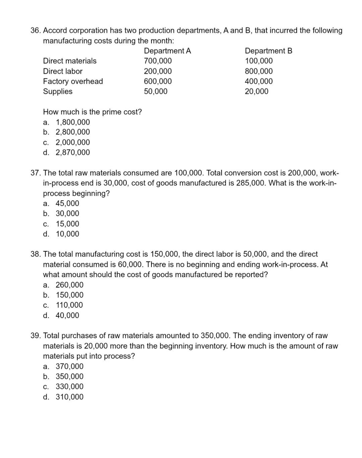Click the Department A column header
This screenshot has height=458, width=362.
pos(167,51)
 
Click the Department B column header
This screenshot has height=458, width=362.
pos(268,51)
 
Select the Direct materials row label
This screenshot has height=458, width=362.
pos(70,61)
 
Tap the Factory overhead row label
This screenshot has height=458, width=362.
pos(73,81)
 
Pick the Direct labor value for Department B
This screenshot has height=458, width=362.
pos(258,71)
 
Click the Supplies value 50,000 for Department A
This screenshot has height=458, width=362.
pos(156,92)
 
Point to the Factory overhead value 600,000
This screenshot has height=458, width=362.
pos(158,81)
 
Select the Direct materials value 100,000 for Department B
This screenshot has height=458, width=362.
pos(258,61)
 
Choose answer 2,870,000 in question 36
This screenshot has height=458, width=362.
pos(72,153)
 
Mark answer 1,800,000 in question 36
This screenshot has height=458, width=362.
pos(72,122)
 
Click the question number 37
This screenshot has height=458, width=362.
pos(36,173)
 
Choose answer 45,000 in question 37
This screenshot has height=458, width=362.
pos(67,204)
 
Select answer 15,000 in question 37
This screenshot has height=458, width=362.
pos(67,224)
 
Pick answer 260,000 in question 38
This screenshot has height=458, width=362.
pos(69,285)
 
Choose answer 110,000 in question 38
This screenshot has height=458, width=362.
pos(69,305)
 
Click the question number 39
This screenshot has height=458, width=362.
pos(36,336)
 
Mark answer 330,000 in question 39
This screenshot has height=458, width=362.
pos(69,387)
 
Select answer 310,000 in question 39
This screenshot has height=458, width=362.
pos(69,397)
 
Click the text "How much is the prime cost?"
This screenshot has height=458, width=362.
pos(93,112)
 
